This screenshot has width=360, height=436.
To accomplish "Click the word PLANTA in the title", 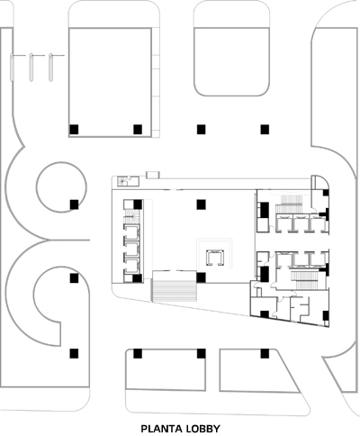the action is (160, 429).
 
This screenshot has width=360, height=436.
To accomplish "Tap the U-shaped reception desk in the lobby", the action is (215, 258).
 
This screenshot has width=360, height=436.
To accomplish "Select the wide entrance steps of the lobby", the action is (174, 286).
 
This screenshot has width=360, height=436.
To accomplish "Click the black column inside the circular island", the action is (74, 204).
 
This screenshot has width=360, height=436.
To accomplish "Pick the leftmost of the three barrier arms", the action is (12, 68).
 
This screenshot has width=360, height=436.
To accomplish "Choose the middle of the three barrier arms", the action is (31, 68).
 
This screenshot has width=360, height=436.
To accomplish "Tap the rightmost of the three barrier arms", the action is (50, 68).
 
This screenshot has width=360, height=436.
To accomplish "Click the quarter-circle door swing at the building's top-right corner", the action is (319, 183).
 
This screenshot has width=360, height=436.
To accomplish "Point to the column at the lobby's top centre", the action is (201, 204).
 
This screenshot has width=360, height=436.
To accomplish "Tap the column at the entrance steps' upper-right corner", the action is (201, 277).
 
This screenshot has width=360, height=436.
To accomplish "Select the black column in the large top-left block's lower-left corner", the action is (74, 130).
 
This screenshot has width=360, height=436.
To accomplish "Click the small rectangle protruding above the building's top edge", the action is (153, 175).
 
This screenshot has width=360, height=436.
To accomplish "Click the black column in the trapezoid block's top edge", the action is (265, 353).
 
